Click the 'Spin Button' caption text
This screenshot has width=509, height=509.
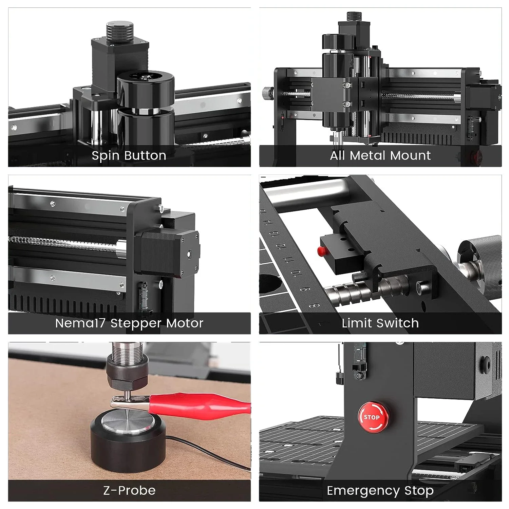pyautogui.click(x=129, y=155)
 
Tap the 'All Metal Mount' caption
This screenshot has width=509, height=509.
pyautogui.click(x=380, y=155)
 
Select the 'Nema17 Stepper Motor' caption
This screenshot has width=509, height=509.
pyautogui.click(x=129, y=323)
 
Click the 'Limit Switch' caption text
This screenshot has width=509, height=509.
pyautogui.click(x=380, y=323)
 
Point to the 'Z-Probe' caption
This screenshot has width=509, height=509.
pyautogui.click(x=129, y=490)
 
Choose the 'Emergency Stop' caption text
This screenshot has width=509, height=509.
pyautogui.click(x=380, y=490)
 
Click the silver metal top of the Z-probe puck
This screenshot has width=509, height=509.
pyautogui.click(x=127, y=421)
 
